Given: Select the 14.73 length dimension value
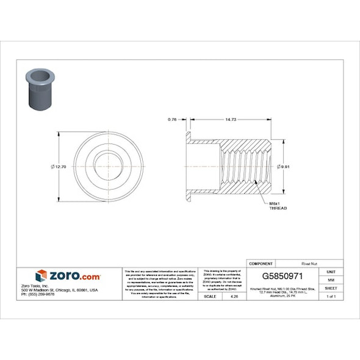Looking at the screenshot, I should tap(231, 120).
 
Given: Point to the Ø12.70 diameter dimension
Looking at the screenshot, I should tap(59, 167).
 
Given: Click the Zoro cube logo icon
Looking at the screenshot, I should tap(41, 276).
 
